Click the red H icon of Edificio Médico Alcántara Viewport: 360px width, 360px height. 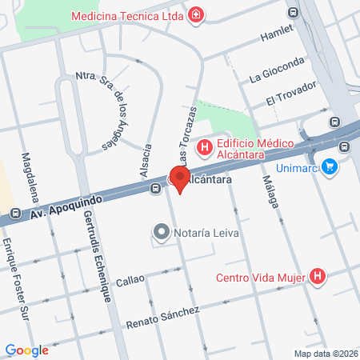(x=204, y=148)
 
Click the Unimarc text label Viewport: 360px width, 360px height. (x=297, y=168)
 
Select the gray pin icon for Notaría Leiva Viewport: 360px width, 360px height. (x=162, y=233)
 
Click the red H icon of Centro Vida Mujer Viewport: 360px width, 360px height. (x=318, y=277)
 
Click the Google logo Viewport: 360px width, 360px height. (x=26, y=350)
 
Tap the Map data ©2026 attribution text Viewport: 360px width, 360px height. (x=326, y=354)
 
